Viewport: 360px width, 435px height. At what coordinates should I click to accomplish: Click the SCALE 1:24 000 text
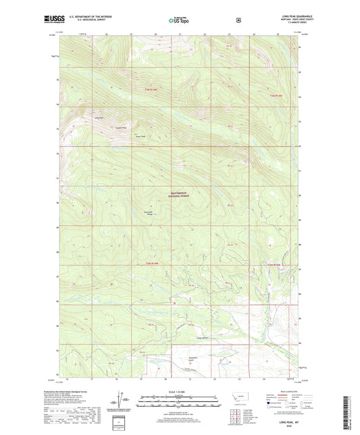(179, 391)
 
